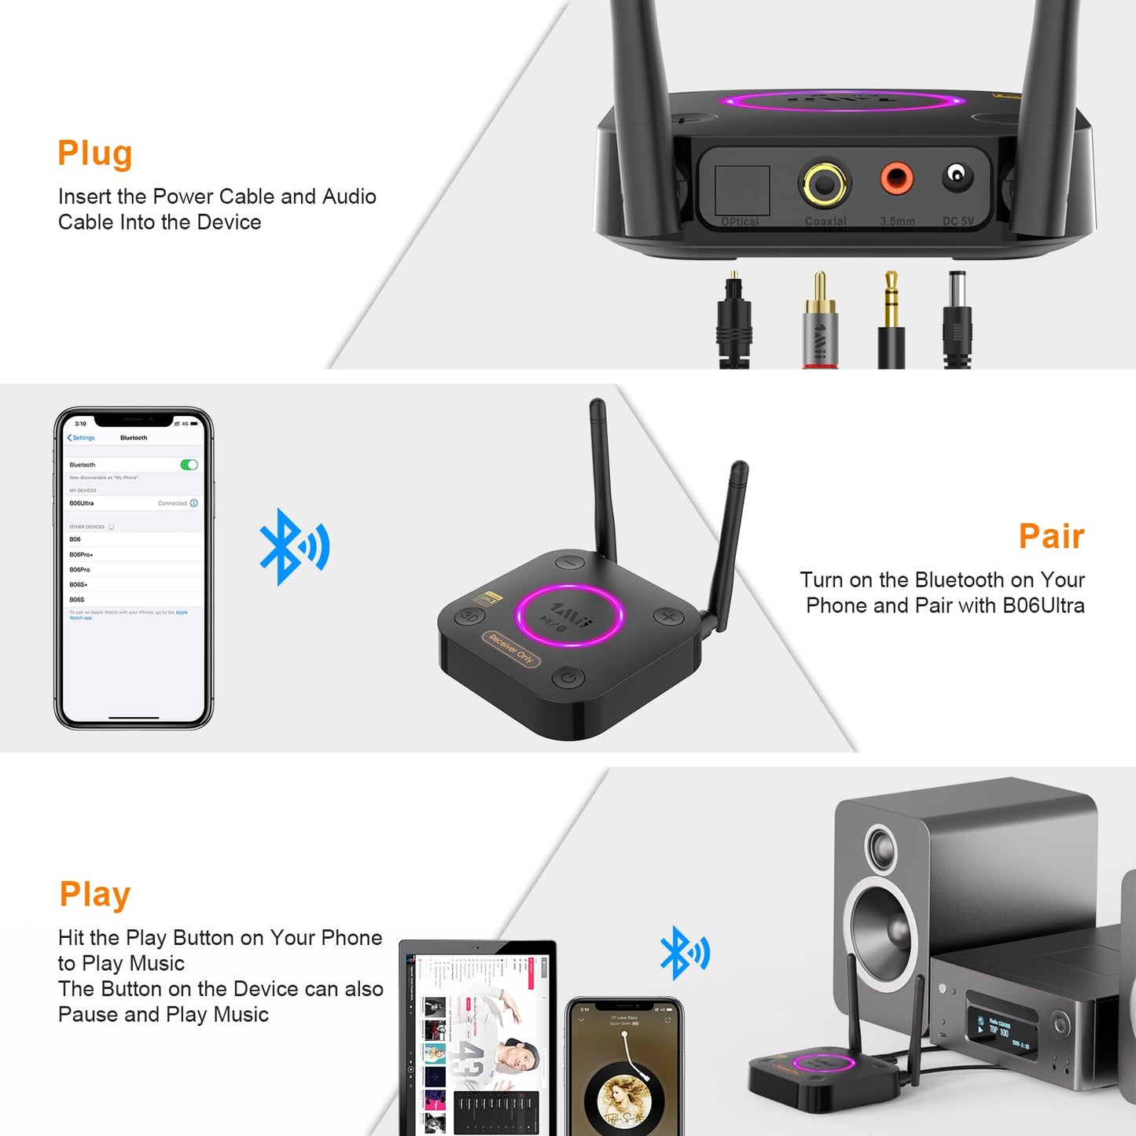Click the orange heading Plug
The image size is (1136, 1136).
point(94,153)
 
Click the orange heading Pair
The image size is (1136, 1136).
point(1051,536)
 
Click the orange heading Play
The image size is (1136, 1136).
point(94,894)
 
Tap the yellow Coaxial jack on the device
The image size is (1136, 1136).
point(824,183)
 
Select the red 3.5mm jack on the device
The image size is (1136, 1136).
point(896,178)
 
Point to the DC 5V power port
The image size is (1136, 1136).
point(957,175)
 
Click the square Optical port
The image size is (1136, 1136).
point(741,191)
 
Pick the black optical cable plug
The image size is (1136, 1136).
point(734,322)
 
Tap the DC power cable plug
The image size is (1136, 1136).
point(958,318)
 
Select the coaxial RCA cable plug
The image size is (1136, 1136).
point(820,322)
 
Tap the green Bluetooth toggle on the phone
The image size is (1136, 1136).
point(189,465)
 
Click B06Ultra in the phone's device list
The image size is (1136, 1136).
point(82,503)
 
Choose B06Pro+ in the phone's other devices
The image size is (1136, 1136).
point(81,554)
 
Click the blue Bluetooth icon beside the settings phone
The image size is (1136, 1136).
point(293,547)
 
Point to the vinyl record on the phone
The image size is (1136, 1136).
point(624,1097)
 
